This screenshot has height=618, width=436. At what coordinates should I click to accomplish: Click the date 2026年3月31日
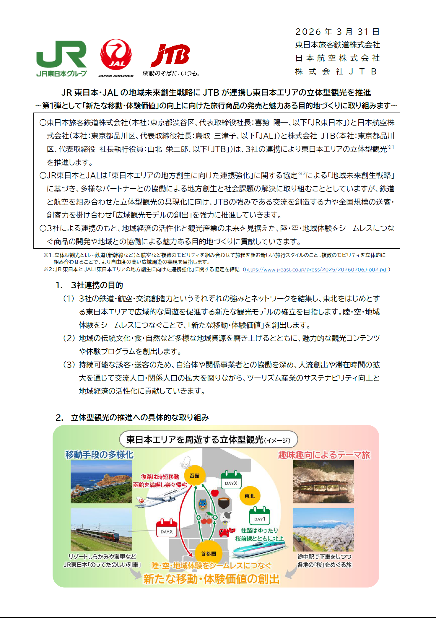point(337,32)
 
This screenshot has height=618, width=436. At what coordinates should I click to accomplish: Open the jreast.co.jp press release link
point(316,269)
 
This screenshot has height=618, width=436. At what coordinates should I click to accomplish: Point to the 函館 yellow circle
point(195,476)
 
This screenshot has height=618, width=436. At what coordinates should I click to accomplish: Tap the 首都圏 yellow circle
point(209,554)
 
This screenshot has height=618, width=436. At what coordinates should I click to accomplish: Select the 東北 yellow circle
point(250,496)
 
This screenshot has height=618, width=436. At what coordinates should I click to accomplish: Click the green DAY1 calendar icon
point(259,516)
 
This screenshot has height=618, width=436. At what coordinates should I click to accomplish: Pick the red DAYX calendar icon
point(167,528)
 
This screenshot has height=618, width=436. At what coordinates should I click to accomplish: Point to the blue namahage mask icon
point(203,505)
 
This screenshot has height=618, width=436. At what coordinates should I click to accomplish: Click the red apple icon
point(215,492)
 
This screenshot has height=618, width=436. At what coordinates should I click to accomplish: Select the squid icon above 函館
point(187,462)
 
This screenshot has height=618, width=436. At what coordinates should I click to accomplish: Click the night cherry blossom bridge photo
point(323,482)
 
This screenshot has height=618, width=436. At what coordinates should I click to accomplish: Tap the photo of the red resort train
point(101,529)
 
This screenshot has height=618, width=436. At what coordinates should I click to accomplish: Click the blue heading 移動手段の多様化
point(99,455)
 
